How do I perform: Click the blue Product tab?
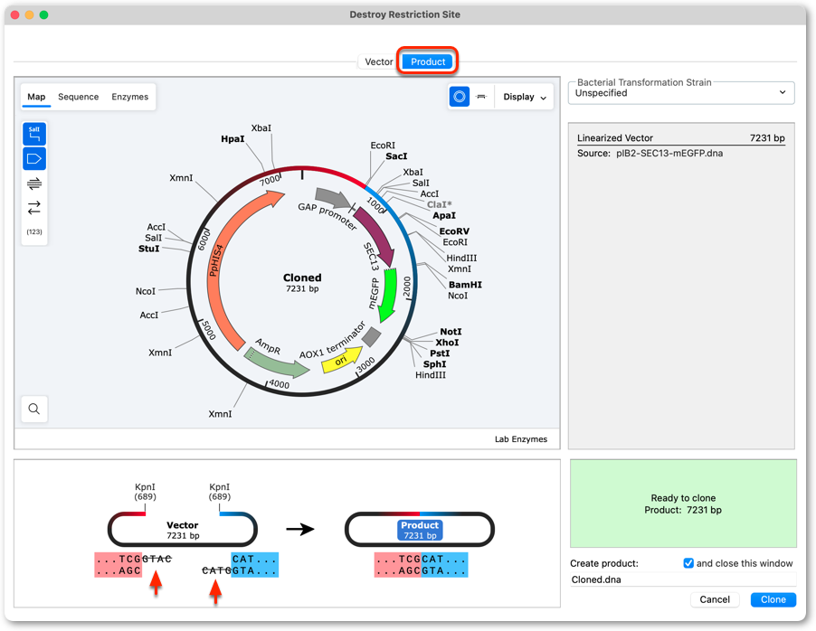tap(428, 61)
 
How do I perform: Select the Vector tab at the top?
tap(379, 61)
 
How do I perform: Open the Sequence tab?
tap(78, 97)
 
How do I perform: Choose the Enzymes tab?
tap(129, 97)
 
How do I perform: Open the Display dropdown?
tap(525, 97)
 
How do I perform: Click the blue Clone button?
tap(773, 599)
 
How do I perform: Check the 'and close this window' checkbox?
tap(688, 563)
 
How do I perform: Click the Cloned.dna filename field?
tap(683, 579)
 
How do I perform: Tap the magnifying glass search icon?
tap(34, 409)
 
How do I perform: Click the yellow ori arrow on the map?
tap(342, 360)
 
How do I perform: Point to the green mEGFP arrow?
tap(387, 295)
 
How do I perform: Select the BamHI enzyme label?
tap(465, 285)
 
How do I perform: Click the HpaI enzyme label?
tap(232, 139)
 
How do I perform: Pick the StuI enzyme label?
tap(149, 249)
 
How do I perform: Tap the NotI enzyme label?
tap(451, 332)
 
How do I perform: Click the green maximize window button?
tap(44, 14)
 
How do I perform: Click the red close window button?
tap(15, 14)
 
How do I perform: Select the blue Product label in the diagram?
tap(420, 530)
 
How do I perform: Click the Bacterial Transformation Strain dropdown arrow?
tap(783, 92)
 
